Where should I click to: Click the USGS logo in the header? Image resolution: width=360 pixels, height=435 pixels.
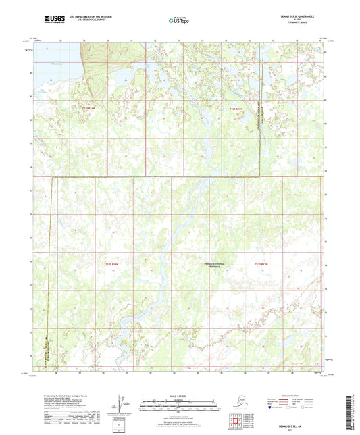click(x=34, y=21)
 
